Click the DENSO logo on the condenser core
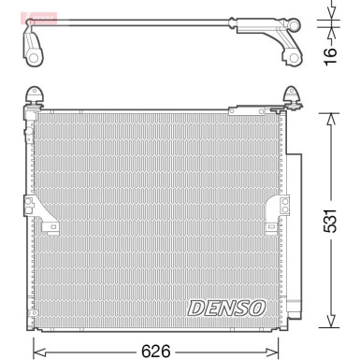coord(227,307)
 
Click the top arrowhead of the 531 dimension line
coord(329,116)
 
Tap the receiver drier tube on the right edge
coord(293,234)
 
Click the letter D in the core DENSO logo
coord(197,307)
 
